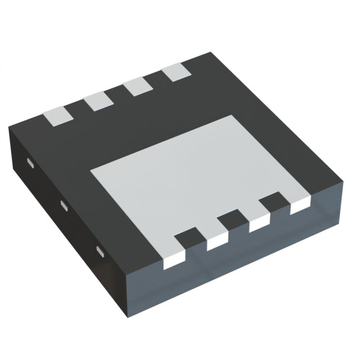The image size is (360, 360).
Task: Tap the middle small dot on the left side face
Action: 63,205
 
